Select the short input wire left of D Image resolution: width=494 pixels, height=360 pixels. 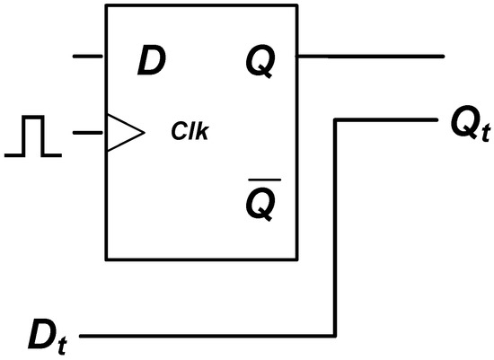pos(88,57)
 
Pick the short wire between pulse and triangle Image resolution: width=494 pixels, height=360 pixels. pos(88,133)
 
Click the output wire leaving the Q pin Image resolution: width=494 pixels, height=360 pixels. pos(368,57)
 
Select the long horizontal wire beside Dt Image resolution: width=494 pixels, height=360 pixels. pos(207,338)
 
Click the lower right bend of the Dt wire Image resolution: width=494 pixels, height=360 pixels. pos(337,338)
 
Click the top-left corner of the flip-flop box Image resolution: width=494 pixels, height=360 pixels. pos(107,6)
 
